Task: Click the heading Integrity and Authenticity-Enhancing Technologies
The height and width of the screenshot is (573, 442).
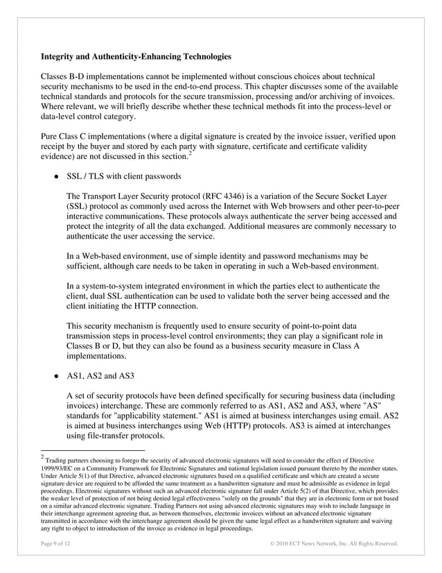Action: coord(136,55)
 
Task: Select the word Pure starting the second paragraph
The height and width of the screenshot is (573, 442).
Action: coord(52,137)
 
